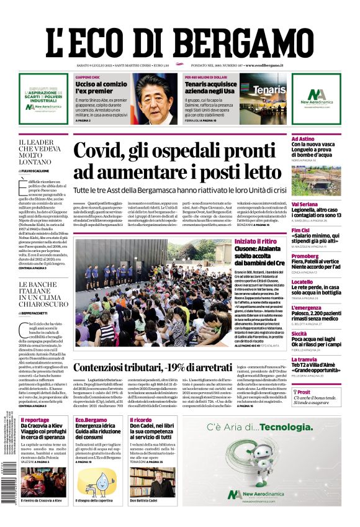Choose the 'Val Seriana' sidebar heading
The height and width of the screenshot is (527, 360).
[305, 204]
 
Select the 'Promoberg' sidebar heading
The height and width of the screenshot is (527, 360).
[305, 256]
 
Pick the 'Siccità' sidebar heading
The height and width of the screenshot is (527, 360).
[299, 333]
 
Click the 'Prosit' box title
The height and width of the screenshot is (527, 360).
[304, 392]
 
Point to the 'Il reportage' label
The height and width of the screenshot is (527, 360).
[34, 420]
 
